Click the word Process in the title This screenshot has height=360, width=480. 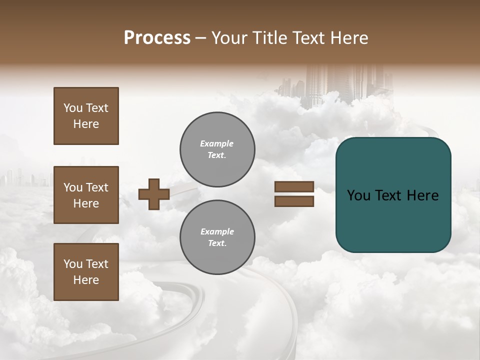point(157,38)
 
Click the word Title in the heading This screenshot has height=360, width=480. point(269,38)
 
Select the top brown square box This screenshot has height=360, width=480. point(86,116)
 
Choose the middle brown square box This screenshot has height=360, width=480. point(86,195)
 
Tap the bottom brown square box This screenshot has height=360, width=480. point(86,272)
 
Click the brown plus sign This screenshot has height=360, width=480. point(153,194)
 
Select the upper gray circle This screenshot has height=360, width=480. point(217,149)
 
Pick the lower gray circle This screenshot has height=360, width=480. point(217,237)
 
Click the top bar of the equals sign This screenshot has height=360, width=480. point(294,187)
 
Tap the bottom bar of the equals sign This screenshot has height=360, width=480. point(294,201)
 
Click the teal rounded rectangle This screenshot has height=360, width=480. point(393,220)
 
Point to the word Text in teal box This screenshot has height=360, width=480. point(393,195)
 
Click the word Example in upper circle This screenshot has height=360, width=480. point(216,143)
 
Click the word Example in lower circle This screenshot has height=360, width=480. point(217,231)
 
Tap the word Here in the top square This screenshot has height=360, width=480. point(86,124)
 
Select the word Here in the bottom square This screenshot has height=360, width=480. point(86,280)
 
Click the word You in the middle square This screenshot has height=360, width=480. point(72,187)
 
